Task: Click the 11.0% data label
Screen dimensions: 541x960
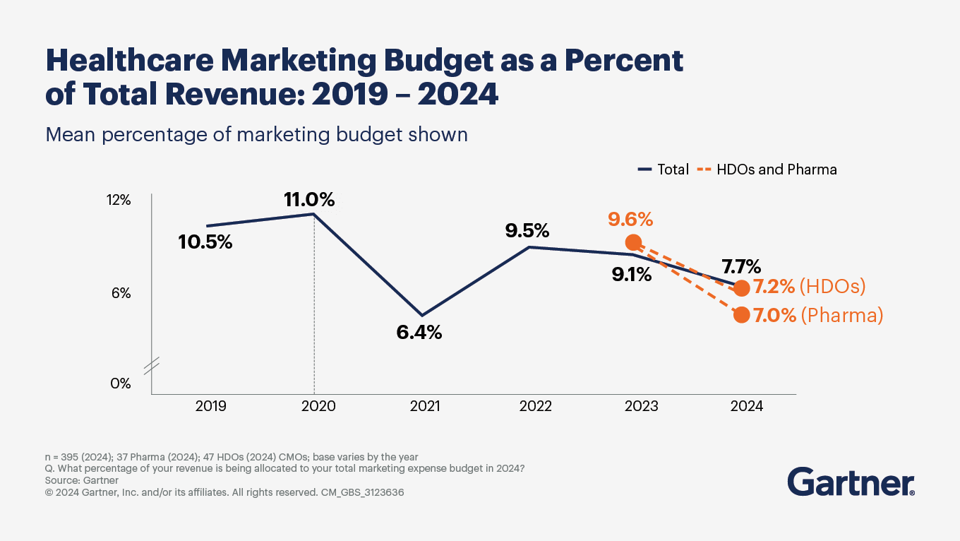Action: tap(309, 200)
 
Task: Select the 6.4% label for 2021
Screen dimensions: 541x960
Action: tap(419, 332)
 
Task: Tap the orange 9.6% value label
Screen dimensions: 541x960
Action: tap(630, 220)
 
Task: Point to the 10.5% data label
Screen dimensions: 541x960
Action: tap(205, 242)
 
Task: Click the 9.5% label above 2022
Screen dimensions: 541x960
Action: tap(527, 230)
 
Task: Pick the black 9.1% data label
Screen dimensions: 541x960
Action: tap(631, 274)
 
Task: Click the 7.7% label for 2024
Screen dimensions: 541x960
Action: tap(740, 266)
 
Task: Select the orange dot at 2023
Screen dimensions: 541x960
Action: tap(634, 242)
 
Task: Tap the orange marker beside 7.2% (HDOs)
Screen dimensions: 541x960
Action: tap(741, 288)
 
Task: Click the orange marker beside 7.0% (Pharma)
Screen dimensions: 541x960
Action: tap(741, 315)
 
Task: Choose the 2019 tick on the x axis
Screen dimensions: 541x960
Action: tap(210, 406)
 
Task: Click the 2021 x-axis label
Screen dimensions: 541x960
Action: tap(425, 406)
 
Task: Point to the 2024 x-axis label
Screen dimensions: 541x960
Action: tap(746, 406)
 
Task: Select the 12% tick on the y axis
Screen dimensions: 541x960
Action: tap(119, 201)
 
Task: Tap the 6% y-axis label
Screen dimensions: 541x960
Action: tap(121, 293)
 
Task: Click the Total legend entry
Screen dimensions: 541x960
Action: tap(664, 170)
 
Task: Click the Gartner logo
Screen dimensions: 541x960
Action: tap(851, 482)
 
